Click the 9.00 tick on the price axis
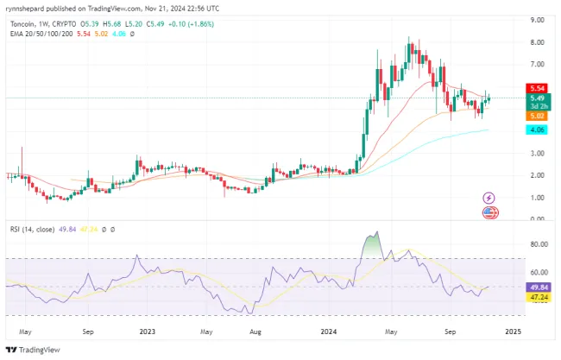(536, 19)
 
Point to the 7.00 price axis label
(536, 64)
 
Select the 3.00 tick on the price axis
(536, 153)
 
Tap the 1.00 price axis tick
(536, 198)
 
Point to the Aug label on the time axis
(255, 330)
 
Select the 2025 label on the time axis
(514, 330)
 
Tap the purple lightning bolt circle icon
(489, 198)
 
